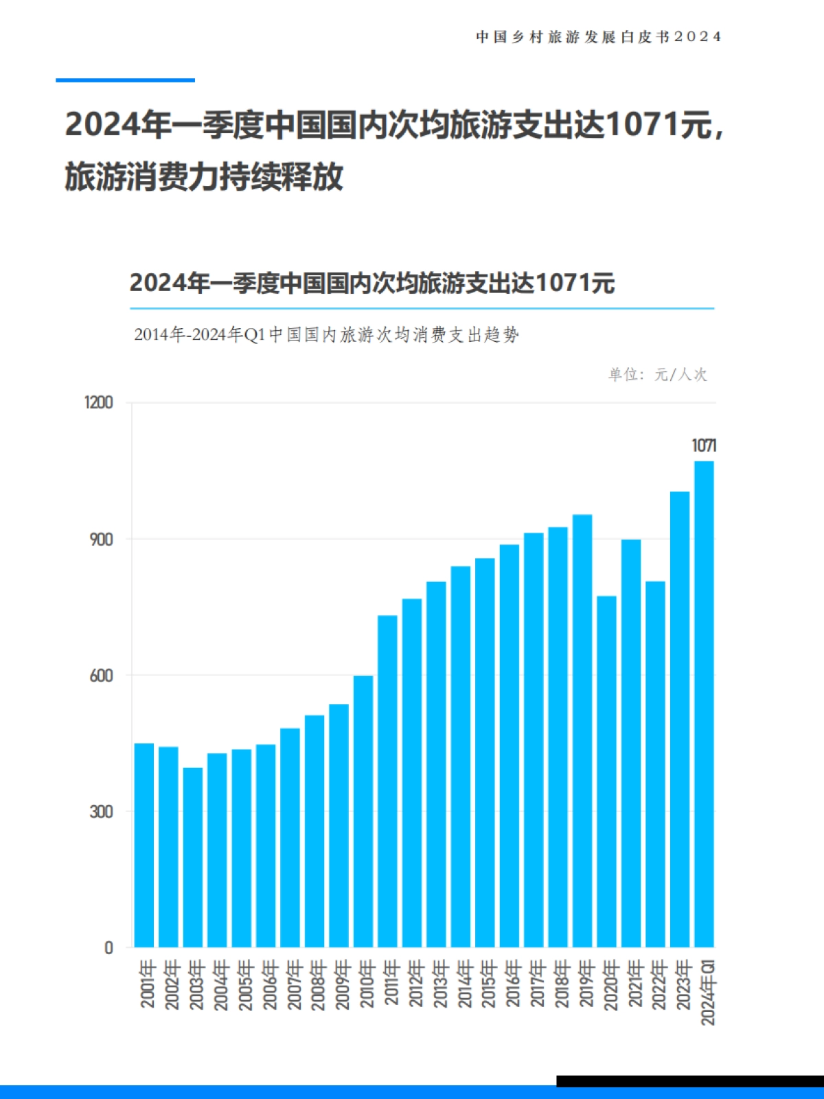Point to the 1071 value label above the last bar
[x=704, y=446]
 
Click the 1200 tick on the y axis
[x=99, y=402]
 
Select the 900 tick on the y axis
[x=101, y=540]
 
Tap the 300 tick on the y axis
[x=101, y=811]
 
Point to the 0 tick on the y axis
[x=108, y=948]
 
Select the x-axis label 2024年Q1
[x=707, y=993]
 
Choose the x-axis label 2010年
[x=367, y=984]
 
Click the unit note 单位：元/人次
[x=657, y=374]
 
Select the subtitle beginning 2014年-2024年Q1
[x=326, y=335]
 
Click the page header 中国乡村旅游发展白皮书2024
[x=598, y=37]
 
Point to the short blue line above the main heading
[x=125, y=80]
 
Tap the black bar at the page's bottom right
[x=689, y=1080]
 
